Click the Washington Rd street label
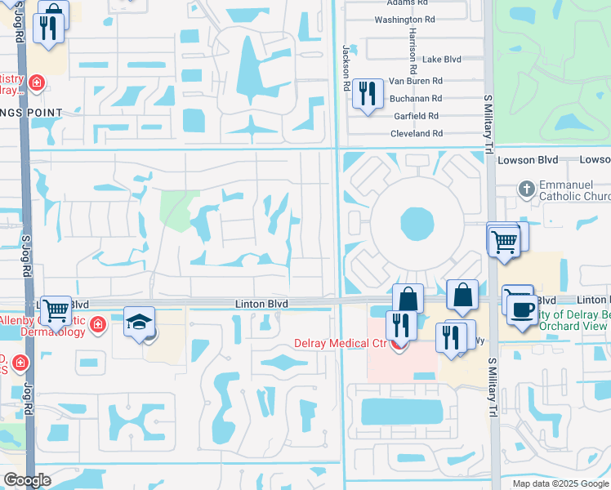click(404, 20)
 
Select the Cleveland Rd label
click(416, 133)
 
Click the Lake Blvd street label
click(442, 60)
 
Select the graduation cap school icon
click(139, 322)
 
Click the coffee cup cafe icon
click(522, 310)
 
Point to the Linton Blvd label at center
click(263, 304)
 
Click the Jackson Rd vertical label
click(346, 69)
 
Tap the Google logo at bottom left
click(27, 480)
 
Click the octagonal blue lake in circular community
click(417, 223)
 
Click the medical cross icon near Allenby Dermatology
click(98, 325)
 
